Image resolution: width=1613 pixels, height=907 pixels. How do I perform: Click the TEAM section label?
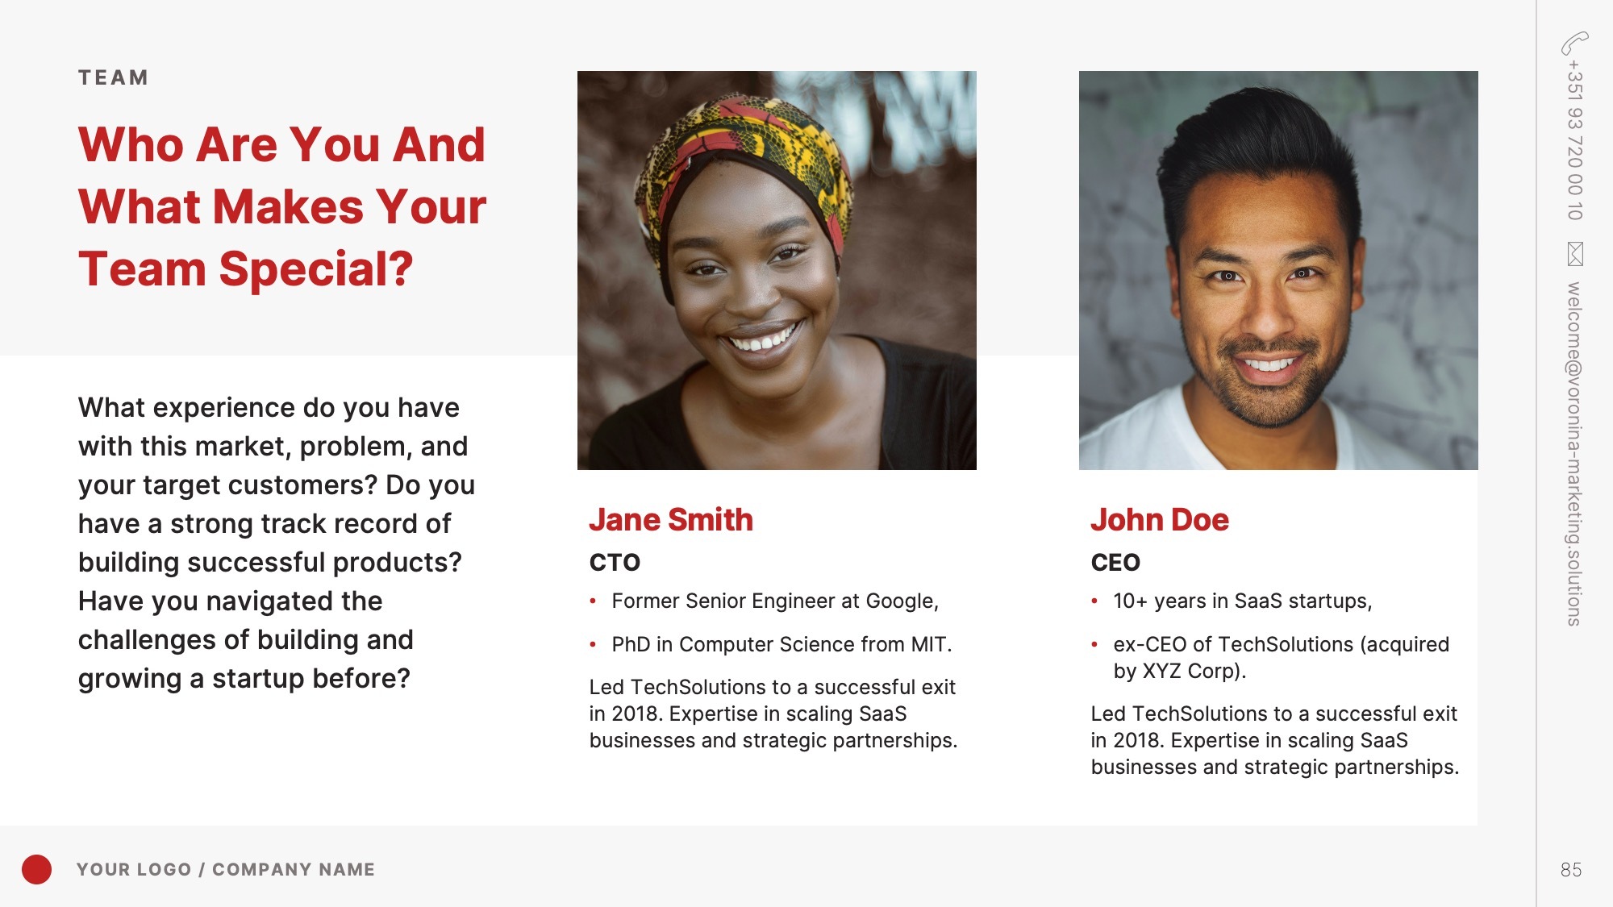pos(113,77)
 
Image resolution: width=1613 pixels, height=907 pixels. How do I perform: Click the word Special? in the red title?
pos(315,269)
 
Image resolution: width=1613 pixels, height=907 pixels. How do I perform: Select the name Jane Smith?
pos(671,520)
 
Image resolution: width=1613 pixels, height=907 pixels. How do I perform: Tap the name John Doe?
pos(1160,520)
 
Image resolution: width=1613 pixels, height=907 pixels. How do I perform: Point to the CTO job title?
pos(615,562)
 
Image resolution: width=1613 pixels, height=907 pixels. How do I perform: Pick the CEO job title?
pos(1115,562)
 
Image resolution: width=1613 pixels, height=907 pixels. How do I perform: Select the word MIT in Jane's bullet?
pos(931,644)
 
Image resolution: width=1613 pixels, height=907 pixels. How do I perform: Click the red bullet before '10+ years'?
pos(1094,601)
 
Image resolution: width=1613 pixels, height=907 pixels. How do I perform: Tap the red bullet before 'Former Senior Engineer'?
pos(593,601)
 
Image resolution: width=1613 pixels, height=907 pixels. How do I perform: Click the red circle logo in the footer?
pos(36,869)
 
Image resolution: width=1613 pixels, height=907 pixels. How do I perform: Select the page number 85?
pos(1571,870)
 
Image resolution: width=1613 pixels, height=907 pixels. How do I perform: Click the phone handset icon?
pos(1574,44)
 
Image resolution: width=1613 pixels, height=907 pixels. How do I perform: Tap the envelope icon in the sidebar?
pos(1575,254)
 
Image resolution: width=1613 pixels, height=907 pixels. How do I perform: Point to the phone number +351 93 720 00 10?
pos(1574,140)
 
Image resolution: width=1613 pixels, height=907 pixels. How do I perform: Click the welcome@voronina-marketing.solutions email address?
pos(1574,454)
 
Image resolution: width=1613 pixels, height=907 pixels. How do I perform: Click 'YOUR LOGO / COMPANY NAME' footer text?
pos(226,869)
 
